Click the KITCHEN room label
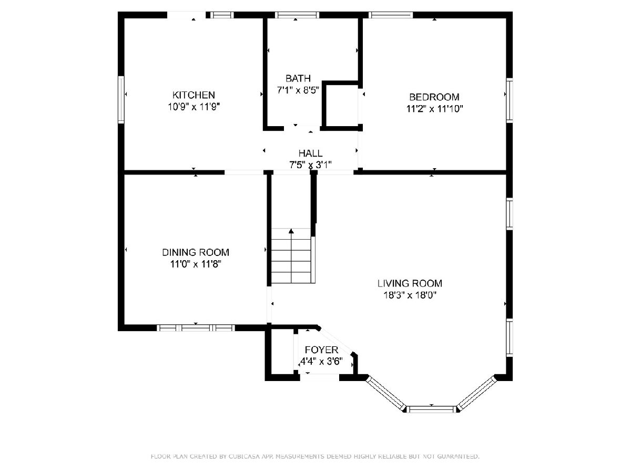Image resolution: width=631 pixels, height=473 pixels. (x=194, y=95)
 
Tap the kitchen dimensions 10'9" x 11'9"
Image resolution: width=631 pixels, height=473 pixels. (x=194, y=107)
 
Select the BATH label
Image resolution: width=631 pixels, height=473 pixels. (x=298, y=78)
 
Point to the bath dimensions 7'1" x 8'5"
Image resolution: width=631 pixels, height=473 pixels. (x=298, y=90)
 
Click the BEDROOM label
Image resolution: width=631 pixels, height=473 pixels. (x=434, y=97)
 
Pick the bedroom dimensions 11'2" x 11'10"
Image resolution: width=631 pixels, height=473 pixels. (x=434, y=109)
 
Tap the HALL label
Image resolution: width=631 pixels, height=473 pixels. (x=310, y=153)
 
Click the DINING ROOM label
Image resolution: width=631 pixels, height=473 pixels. (x=196, y=252)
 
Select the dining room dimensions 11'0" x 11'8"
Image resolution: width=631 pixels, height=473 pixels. (x=196, y=264)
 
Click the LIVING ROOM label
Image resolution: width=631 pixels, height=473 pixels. (x=410, y=283)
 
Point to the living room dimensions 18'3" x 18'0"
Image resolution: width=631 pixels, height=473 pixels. (x=410, y=295)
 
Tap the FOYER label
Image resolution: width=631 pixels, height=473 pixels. (x=321, y=349)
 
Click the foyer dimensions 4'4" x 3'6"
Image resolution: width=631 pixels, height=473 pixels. (x=321, y=361)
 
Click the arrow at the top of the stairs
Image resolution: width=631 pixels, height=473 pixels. (x=291, y=231)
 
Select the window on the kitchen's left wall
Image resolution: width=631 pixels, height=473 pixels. (x=121, y=100)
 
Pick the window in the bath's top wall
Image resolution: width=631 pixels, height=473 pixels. (x=297, y=15)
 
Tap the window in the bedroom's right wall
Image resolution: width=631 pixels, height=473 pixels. (x=509, y=100)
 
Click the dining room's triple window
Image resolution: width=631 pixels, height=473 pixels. (x=196, y=327)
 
